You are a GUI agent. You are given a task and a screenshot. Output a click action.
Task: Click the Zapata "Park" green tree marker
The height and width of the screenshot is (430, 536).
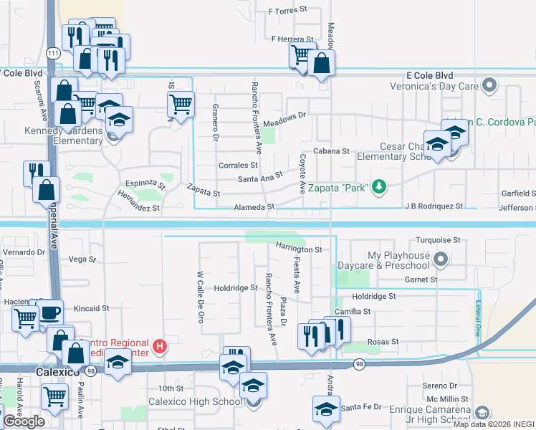pyautogui.click(x=378, y=188)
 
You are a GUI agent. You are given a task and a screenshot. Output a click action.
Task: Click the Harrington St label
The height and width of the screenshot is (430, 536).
pyautogui.click(x=299, y=249)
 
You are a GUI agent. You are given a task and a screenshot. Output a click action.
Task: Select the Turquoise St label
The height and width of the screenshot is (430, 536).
pyautogui.click(x=437, y=241)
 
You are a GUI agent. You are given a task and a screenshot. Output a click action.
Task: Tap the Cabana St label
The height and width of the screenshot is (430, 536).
pyautogui.click(x=330, y=151)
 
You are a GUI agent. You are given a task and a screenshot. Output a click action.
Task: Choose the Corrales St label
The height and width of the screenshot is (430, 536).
pyautogui.click(x=237, y=165)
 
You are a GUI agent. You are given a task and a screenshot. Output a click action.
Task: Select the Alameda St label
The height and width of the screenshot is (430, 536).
pyautogui.click(x=254, y=207)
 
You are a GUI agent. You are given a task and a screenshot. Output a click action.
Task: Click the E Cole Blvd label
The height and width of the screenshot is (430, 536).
pyautogui.click(x=430, y=75)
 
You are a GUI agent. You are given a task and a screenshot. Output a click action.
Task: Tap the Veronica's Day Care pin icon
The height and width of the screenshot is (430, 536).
pyautogui.click(x=490, y=86)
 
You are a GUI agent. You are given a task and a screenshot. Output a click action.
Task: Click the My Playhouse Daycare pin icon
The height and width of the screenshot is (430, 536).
pyautogui.click(x=441, y=259)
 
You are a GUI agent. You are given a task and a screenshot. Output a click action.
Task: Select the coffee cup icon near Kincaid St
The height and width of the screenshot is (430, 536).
pyautogui.click(x=50, y=313)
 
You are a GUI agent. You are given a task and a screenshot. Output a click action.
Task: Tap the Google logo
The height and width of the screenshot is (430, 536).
pyautogui.click(x=24, y=421)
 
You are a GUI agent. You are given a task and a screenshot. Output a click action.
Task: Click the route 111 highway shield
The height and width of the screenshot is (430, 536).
pyautogui.click(x=54, y=53)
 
